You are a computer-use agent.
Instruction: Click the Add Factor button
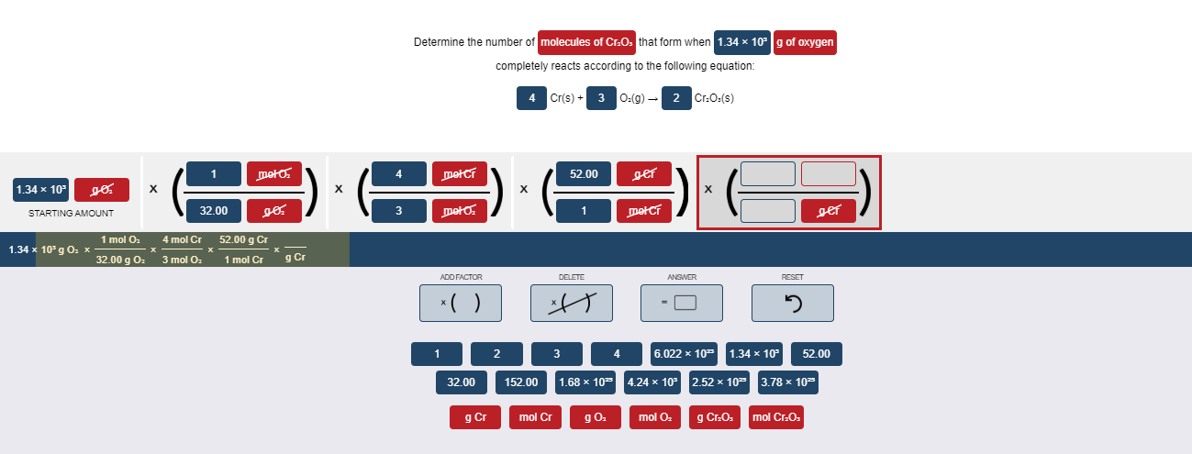pyautogui.click(x=461, y=303)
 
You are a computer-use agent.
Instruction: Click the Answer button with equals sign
pyautogui.click(x=681, y=303)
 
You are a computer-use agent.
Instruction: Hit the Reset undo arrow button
pyautogui.click(x=792, y=303)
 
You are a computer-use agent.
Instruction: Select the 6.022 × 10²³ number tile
pyautogui.click(x=685, y=354)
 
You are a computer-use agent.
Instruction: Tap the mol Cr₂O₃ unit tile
pyautogui.click(x=775, y=417)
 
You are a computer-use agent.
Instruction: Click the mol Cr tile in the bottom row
pyautogui.click(x=535, y=417)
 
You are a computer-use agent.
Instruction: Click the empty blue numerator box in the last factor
pyautogui.click(x=768, y=173)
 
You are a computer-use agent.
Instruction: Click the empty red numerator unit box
pyautogui.click(x=828, y=173)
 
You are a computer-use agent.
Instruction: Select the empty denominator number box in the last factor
pyautogui.click(x=768, y=211)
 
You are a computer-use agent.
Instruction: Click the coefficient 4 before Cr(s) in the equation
pyautogui.click(x=532, y=98)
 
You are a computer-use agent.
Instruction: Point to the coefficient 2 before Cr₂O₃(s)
pyautogui.click(x=676, y=98)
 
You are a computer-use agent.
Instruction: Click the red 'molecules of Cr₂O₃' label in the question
pyautogui.click(x=586, y=42)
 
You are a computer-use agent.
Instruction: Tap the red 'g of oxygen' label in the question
pyautogui.click(x=804, y=42)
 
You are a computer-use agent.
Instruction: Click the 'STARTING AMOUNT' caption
pyautogui.click(x=71, y=214)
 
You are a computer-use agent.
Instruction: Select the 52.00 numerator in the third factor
pyautogui.click(x=584, y=173)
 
